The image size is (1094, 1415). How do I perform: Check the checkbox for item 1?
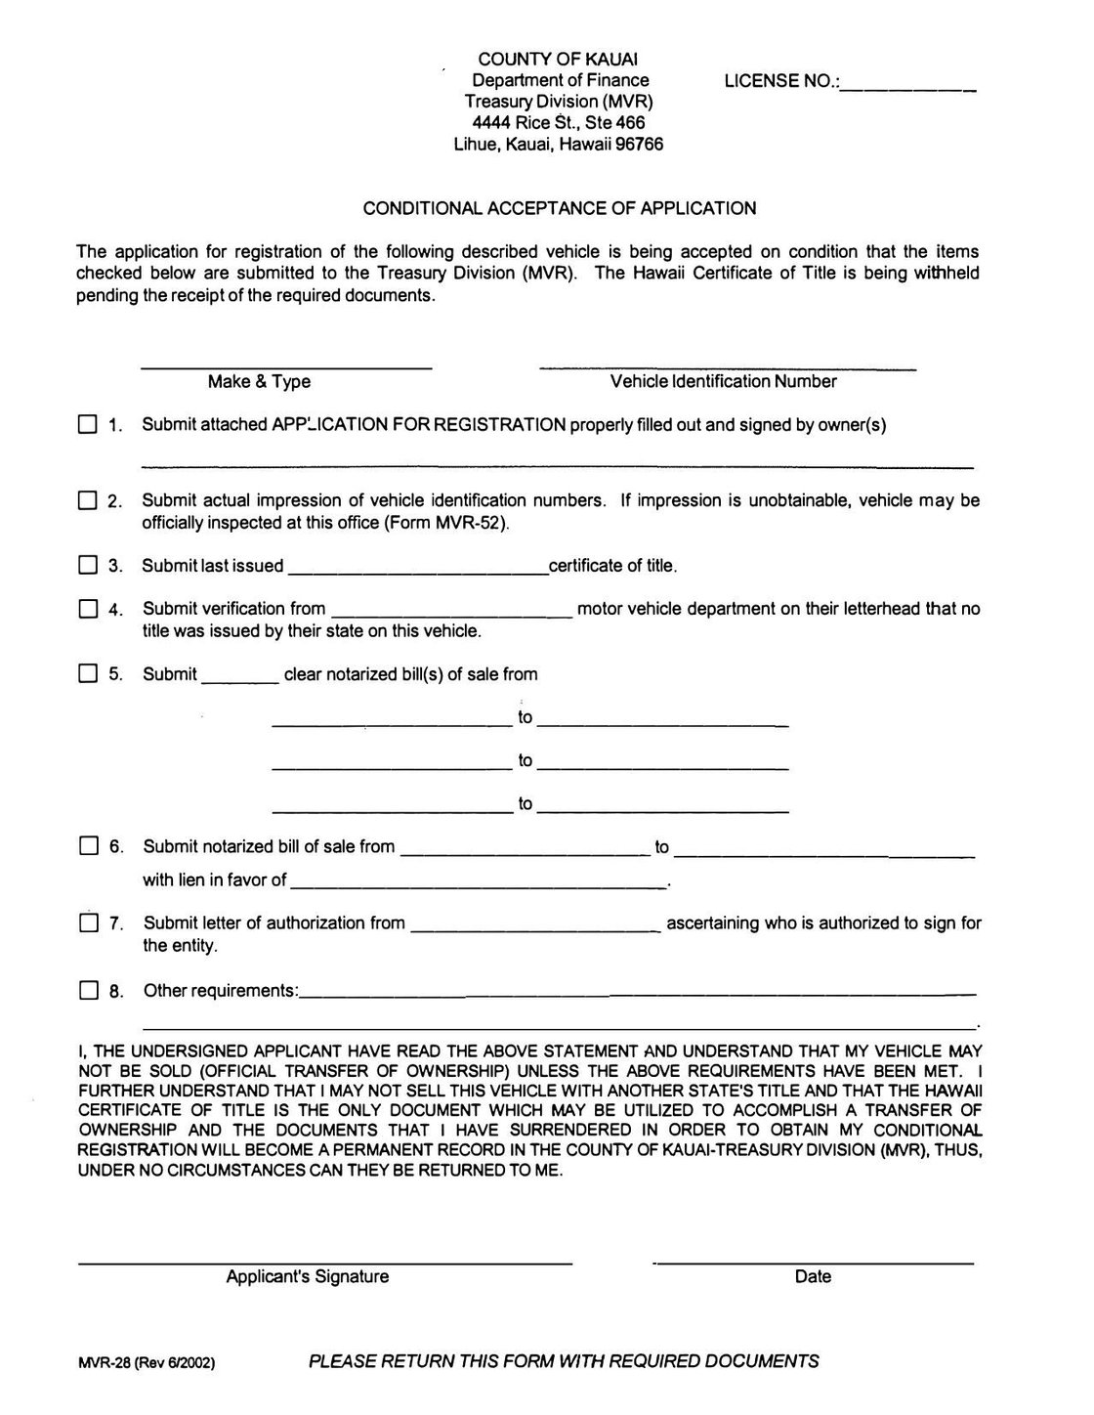coord(88,425)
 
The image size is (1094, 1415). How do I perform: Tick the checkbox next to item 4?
coord(88,609)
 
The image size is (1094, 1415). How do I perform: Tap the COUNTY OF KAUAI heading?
coord(558,60)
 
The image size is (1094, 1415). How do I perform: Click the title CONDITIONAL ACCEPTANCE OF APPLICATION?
coord(560,208)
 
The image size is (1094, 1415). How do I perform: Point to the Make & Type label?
coord(259,382)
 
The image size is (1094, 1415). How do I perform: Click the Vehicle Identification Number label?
coord(723,382)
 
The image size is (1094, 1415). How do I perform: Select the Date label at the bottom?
coord(813,1276)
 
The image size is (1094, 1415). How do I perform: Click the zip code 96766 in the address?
coord(639,145)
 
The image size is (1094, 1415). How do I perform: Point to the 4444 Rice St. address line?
coord(558,123)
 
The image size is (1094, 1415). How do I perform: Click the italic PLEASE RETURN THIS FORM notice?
coord(564,1360)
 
